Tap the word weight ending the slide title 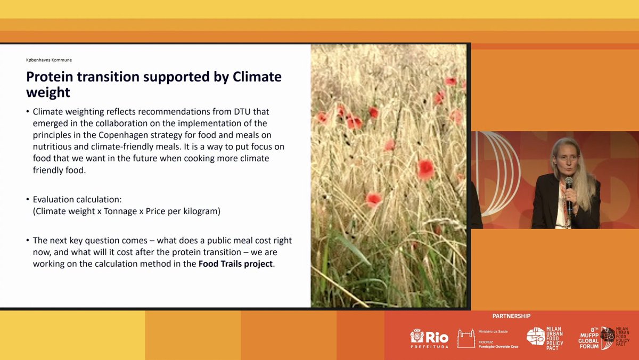[48, 92]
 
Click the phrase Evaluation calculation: [77, 199]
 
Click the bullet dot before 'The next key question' [28, 241]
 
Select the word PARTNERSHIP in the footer [511, 316]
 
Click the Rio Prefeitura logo [429, 338]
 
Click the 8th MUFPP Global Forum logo [605, 338]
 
